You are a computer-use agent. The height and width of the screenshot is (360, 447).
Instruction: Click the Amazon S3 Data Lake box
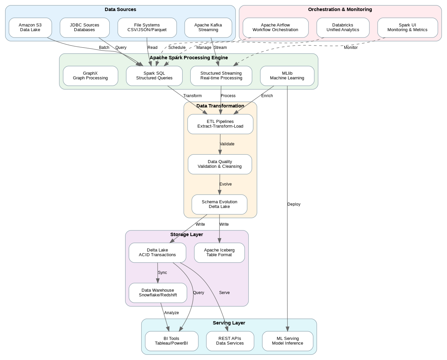click(30, 27)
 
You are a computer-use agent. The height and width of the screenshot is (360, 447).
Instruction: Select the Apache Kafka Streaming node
click(208, 27)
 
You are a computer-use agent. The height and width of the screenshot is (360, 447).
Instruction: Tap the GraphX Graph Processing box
click(90, 76)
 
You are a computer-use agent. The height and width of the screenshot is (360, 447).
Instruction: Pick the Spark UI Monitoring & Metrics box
click(407, 27)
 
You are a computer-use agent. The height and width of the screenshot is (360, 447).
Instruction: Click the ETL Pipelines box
click(220, 124)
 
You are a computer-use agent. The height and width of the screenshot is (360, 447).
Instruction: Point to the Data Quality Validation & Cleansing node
click(220, 164)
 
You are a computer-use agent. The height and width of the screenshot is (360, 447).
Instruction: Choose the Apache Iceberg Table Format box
click(219, 253)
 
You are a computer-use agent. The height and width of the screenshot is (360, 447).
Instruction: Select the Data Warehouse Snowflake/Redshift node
click(158, 293)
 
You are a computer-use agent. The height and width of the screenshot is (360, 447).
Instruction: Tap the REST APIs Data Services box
click(230, 341)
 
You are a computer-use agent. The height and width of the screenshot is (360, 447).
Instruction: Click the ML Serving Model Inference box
click(287, 341)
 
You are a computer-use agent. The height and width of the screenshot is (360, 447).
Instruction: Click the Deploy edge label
click(294, 204)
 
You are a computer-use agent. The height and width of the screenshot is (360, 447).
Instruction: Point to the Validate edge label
click(227, 144)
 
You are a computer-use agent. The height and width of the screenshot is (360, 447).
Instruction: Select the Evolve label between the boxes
click(226, 184)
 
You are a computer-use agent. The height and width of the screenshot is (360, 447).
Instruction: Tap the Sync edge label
click(162, 273)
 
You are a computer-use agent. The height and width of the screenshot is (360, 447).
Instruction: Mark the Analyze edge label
click(171, 313)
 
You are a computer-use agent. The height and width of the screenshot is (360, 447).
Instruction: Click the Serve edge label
click(224, 293)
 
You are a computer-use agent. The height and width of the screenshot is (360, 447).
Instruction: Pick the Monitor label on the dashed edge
click(351, 48)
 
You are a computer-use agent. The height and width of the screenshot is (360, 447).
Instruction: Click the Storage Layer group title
click(186, 234)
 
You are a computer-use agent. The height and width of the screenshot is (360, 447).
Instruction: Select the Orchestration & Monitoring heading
click(340, 9)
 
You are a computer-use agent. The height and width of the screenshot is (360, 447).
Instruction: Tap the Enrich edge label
click(267, 96)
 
